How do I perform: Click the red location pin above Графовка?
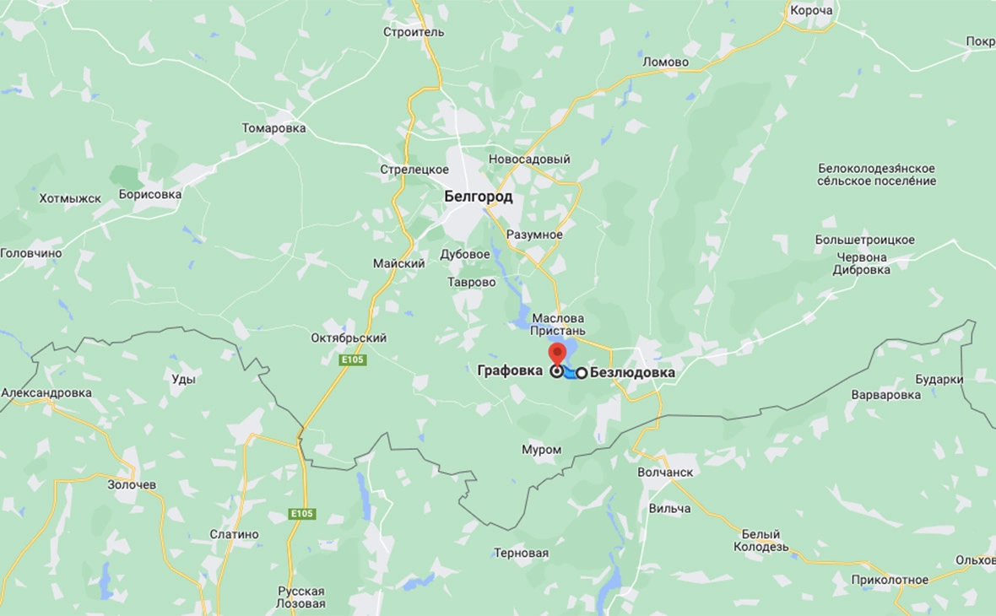coord(557,353)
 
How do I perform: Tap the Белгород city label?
coord(478,197)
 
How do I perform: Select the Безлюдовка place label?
coord(632,371)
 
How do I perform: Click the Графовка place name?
coord(510,370)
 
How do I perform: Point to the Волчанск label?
coord(665,473)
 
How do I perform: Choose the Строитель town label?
coord(413,32)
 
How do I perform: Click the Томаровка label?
coord(273,128)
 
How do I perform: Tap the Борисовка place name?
coord(150,194)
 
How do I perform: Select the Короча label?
coord(810,11)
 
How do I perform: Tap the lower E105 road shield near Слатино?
coord(301,514)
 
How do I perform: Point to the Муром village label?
coord(541,450)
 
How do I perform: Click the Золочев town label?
coord(132,485)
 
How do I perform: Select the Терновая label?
coord(521,554)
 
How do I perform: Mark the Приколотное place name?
coord(890,580)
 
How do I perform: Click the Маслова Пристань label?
coord(558,325)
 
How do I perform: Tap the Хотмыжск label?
coord(70,199)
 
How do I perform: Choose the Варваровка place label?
coord(885,395)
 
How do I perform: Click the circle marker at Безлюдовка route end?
coord(582,372)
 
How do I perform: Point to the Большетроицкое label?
coord(864,240)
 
